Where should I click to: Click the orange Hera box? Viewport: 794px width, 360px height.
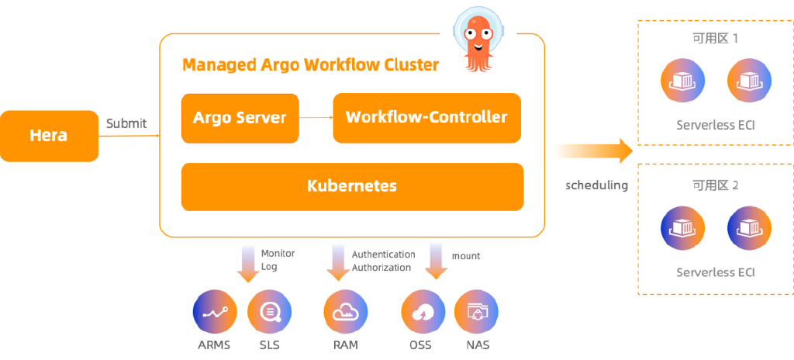(49, 136)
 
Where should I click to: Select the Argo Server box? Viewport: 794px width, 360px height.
(240, 118)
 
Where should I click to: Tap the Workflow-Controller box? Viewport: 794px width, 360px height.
(426, 118)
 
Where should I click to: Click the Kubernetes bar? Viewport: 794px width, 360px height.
(352, 186)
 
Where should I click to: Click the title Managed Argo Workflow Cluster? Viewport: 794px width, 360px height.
(310, 64)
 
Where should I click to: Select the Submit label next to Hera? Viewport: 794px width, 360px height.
(126, 123)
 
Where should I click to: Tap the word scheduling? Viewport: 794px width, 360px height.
(596, 185)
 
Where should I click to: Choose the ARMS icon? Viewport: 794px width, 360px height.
(214, 313)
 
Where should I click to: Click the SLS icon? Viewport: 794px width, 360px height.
(269, 313)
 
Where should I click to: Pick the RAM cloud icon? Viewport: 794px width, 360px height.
(345, 313)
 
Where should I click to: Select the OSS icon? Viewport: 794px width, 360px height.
(423, 313)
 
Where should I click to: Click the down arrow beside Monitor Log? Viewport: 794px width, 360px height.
(248, 264)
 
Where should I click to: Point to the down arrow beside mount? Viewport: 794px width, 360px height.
(437, 262)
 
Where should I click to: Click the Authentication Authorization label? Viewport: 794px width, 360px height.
(383, 261)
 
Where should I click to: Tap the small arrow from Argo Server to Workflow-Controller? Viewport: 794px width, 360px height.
(316, 118)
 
